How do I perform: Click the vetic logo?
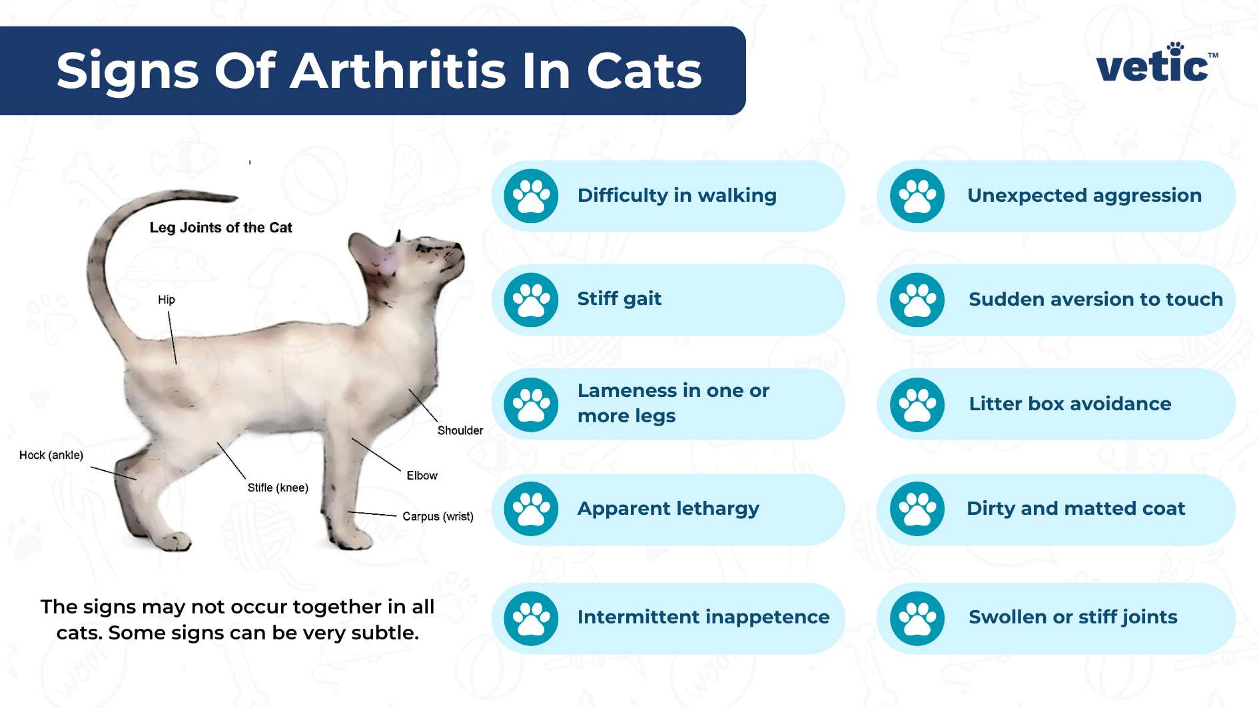[x=1156, y=65]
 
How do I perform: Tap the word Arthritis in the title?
[x=398, y=71]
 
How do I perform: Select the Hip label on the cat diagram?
[x=167, y=300]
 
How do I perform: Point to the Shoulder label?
[x=460, y=430]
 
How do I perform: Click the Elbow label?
[x=422, y=476]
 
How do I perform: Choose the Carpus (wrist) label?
[x=438, y=516]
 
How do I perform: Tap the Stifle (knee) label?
[x=278, y=488]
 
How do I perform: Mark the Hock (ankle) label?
[x=51, y=455]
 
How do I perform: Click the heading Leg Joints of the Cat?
[x=220, y=228]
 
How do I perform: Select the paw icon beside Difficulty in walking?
[x=531, y=196]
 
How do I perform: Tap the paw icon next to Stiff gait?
[x=531, y=300]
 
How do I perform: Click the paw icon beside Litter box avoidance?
[x=917, y=404]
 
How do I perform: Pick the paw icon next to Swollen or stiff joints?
[x=917, y=619]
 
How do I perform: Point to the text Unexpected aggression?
[x=1084, y=195]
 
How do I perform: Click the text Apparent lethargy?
[x=668, y=508]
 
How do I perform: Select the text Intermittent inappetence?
[x=703, y=617]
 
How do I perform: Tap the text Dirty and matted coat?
[x=1075, y=508]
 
